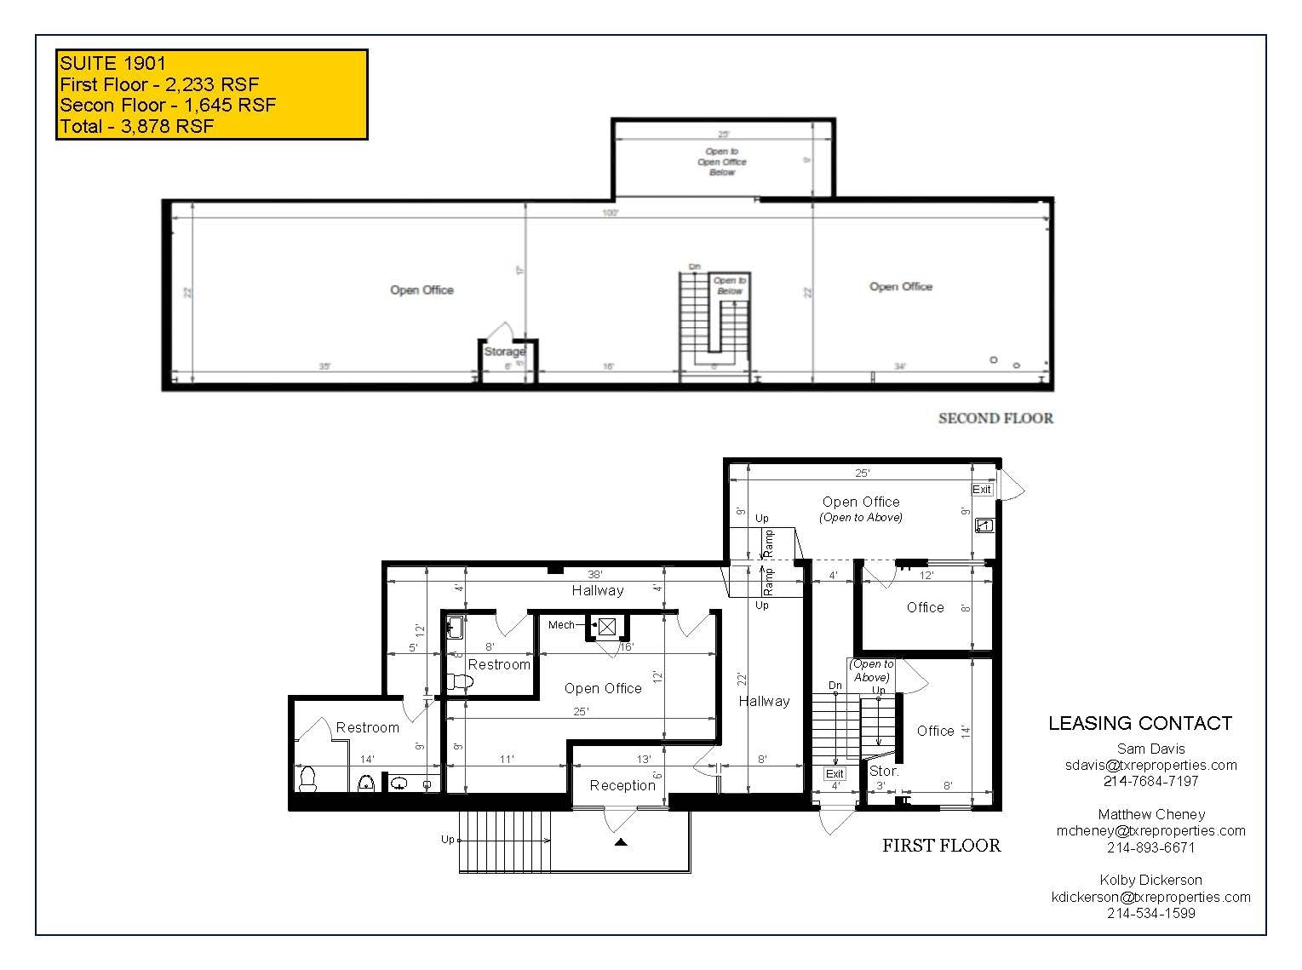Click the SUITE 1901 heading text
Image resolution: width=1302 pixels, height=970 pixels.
[x=112, y=62]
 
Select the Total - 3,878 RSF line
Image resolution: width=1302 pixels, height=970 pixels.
[x=136, y=127]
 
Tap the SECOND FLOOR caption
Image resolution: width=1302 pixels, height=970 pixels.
[x=995, y=418]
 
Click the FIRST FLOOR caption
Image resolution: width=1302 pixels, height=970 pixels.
[x=941, y=846]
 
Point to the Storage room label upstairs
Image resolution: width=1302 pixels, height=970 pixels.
[x=504, y=352]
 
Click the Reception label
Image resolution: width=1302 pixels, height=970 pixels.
[x=622, y=785]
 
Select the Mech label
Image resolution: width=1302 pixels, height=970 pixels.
[x=561, y=625]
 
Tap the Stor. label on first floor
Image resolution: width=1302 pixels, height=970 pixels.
[x=883, y=771]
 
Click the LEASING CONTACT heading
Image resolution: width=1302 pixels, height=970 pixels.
[x=1139, y=723]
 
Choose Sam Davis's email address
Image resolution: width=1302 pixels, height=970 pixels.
[x=1150, y=765]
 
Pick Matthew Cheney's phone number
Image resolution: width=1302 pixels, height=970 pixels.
[x=1150, y=847]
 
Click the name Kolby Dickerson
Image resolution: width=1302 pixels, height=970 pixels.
[x=1150, y=880]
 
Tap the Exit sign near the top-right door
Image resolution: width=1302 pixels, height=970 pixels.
[x=982, y=490]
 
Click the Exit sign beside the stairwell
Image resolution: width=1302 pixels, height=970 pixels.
[x=835, y=774]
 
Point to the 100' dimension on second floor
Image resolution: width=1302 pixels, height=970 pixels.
[x=610, y=213]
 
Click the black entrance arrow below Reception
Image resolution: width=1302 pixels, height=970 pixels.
[x=621, y=842]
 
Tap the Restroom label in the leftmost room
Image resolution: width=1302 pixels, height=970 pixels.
[x=367, y=727]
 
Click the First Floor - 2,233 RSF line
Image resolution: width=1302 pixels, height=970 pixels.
[x=159, y=83]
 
